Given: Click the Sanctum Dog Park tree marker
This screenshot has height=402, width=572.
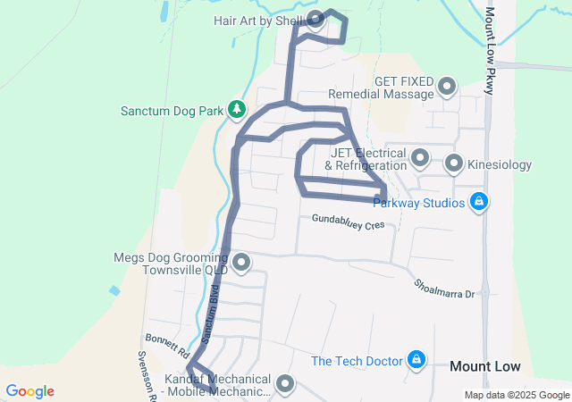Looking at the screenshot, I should (x=236, y=110).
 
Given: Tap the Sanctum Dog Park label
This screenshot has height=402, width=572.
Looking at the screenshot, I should (x=172, y=112).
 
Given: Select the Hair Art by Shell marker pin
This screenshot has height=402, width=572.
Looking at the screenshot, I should (x=315, y=19).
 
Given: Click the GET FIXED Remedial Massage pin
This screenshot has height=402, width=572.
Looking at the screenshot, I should (x=446, y=88).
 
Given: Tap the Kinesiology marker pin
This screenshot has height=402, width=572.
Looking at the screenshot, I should (x=454, y=163).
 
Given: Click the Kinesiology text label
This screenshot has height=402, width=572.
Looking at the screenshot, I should (x=500, y=164).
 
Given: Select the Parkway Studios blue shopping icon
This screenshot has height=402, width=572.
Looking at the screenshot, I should (x=479, y=202).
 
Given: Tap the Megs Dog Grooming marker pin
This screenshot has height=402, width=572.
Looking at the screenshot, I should (x=240, y=263).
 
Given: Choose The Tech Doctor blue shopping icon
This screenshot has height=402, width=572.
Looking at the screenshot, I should (x=416, y=360).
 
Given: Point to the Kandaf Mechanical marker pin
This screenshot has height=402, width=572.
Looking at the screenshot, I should (x=285, y=384).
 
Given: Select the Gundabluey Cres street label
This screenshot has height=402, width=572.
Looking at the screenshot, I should (x=348, y=222).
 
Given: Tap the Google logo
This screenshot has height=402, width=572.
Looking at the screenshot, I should (x=29, y=391).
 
